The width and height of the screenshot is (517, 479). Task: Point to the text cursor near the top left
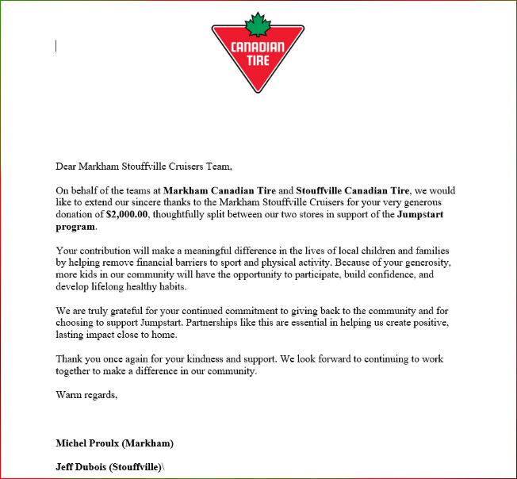click(56, 46)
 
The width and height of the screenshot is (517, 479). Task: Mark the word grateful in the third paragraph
click(124, 311)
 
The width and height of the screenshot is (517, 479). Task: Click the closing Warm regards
click(86, 395)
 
